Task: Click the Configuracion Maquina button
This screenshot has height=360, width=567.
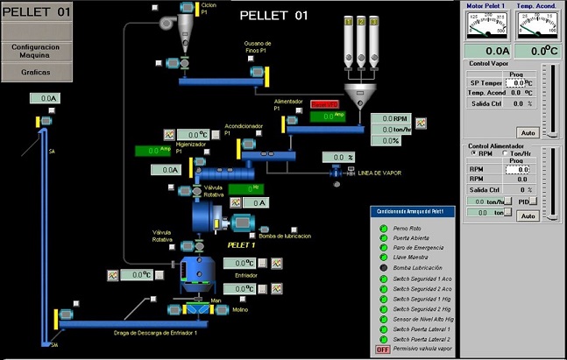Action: pos(36,50)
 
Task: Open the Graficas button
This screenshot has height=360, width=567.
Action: pos(36,72)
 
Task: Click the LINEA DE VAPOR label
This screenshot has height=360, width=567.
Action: pos(379,173)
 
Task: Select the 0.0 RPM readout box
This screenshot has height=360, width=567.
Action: pos(389,118)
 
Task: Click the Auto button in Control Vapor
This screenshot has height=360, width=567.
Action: pos(528,132)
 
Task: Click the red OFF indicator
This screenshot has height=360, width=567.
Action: pos(382,349)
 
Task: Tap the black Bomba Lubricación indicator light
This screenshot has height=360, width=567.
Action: pos(382,267)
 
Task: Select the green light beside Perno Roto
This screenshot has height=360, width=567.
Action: pos(382,227)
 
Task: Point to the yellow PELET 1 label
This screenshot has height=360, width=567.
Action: pos(241,245)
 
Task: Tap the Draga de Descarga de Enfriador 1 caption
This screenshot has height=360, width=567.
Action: pos(162,333)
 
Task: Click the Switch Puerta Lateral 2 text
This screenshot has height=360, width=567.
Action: pos(422,339)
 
